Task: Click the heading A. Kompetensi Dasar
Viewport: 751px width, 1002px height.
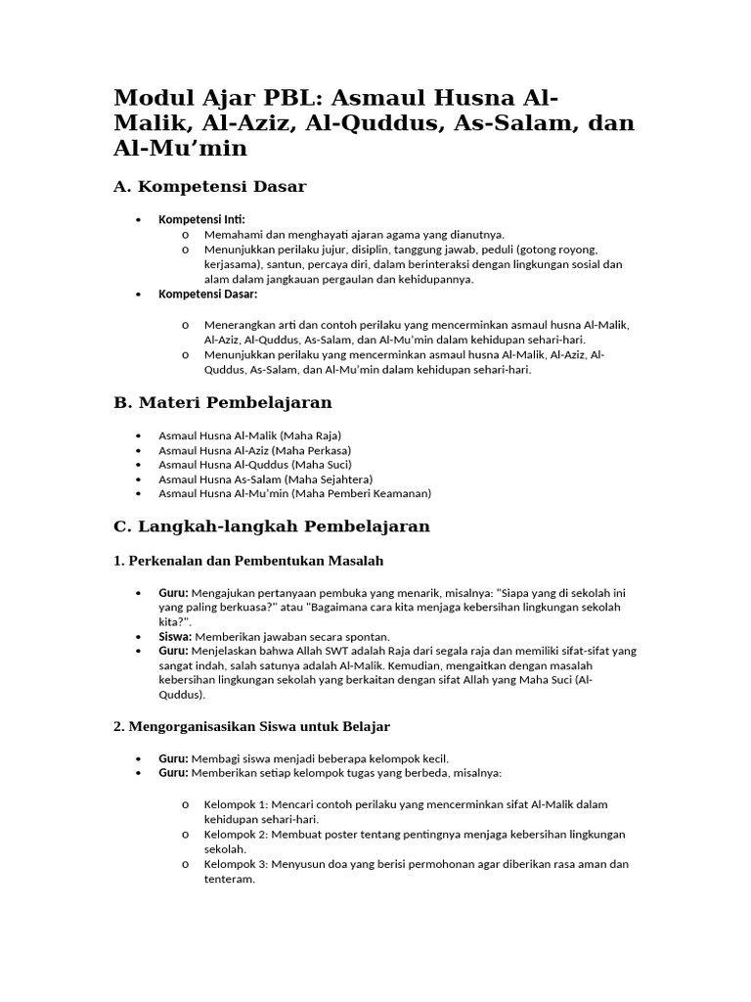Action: [210, 186]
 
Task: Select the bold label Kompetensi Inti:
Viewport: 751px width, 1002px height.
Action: [202, 219]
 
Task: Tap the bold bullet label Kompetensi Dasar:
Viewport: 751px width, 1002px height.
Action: [208, 294]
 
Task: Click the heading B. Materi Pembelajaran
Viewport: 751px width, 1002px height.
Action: [223, 402]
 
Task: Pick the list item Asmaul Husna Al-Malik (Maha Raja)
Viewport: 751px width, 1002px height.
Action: [249, 434]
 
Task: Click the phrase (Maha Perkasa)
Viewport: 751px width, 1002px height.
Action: [311, 449]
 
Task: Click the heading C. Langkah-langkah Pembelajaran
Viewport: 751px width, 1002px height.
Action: [272, 525]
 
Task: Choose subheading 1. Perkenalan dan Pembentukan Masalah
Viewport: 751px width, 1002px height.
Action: [249, 561]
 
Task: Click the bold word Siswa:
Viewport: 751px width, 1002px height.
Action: [174, 635]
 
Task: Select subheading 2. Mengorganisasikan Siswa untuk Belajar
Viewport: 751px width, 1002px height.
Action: [252, 726]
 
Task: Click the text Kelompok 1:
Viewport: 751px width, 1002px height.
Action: [235, 804]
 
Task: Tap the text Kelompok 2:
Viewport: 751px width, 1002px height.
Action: [235, 834]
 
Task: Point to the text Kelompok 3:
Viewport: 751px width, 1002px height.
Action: [235, 864]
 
